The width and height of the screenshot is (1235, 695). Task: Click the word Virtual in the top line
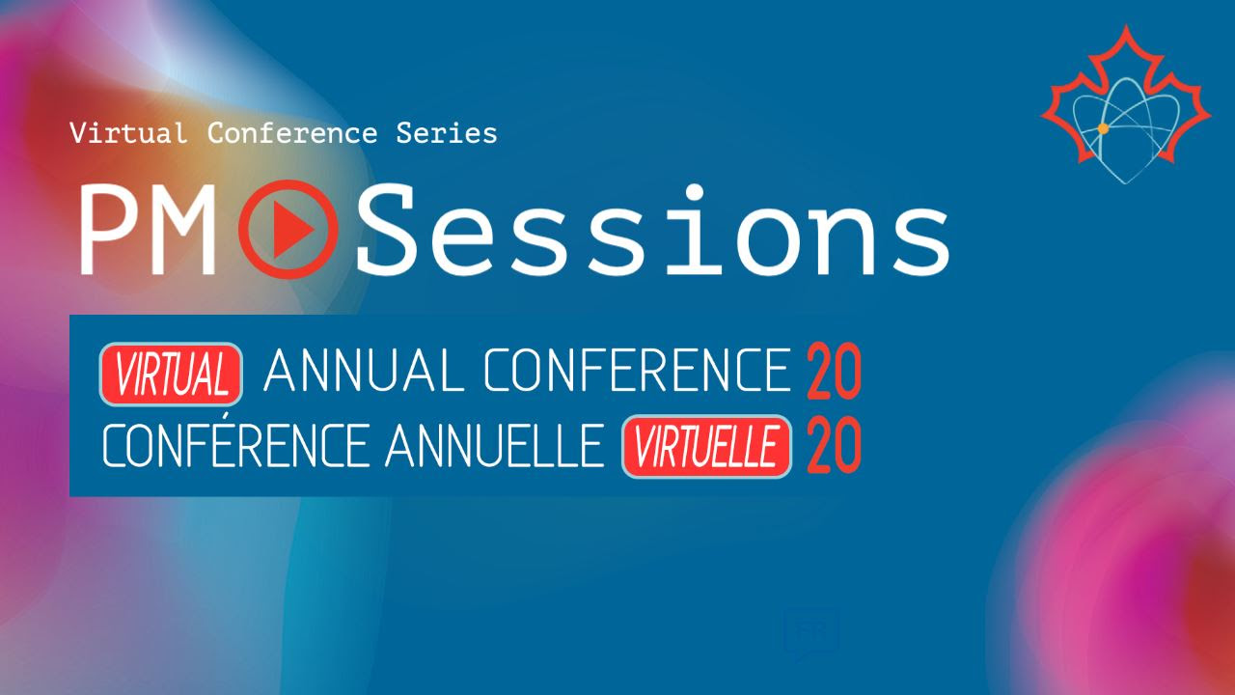click(x=128, y=133)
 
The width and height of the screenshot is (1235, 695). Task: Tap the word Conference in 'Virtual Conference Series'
click(x=292, y=133)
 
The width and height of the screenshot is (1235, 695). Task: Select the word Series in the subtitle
click(x=447, y=133)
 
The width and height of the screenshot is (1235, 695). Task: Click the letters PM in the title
click(x=148, y=230)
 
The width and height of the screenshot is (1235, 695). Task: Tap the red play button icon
click(x=288, y=229)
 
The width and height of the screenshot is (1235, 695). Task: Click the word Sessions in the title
click(x=653, y=229)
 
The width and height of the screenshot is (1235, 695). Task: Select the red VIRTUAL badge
click(x=171, y=374)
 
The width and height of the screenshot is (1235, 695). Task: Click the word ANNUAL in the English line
click(x=364, y=370)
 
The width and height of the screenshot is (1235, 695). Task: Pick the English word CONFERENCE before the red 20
click(x=638, y=370)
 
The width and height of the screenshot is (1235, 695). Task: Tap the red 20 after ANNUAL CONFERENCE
click(x=834, y=371)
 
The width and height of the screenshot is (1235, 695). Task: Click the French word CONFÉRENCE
click(x=236, y=445)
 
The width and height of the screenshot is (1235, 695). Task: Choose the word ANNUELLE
click(x=495, y=446)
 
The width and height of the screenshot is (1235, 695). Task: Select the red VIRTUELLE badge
click(x=707, y=446)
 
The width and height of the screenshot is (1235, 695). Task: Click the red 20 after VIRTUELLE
click(x=834, y=445)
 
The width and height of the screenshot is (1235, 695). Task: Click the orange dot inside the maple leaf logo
click(x=1103, y=129)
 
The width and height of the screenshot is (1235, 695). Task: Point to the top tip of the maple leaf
click(x=1126, y=25)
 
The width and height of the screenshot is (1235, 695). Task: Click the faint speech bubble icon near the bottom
click(x=811, y=634)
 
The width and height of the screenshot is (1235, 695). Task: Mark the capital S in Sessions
click(x=385, y=229)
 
